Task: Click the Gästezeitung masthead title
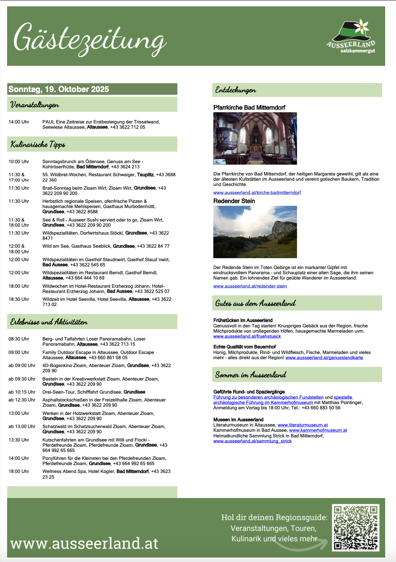90,40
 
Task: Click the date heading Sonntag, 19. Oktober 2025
59,89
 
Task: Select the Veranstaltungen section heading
35,105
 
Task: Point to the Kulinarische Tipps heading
38,144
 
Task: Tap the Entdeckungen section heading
236,90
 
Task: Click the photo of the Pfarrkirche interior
255,138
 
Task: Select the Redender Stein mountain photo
255,232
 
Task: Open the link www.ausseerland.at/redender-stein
250,286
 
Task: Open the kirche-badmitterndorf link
257,193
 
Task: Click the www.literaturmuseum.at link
303,425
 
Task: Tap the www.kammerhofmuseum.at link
318,430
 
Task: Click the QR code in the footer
356,528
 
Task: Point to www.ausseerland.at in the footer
84,543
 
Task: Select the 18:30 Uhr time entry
19,299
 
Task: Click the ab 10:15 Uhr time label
22,392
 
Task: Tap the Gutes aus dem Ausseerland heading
256,303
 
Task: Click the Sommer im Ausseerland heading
251,375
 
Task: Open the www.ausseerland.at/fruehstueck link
247,336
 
